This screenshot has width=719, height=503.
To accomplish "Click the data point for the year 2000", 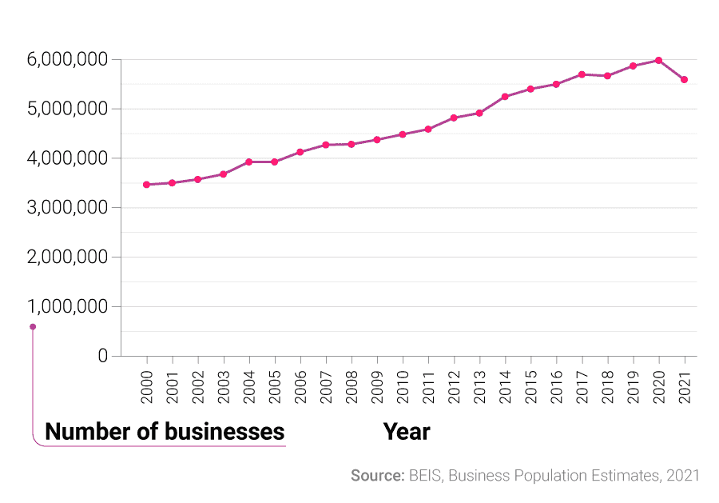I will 146,185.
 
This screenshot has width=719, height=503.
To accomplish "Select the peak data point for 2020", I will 658,61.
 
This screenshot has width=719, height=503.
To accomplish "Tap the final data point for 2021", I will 684,80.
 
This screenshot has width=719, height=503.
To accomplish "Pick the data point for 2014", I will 505,97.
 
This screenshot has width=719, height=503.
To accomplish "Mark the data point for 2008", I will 351,144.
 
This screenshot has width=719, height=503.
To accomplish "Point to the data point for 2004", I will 248,162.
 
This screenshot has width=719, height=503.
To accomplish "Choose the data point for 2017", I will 582,74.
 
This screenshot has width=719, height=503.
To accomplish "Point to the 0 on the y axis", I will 103,356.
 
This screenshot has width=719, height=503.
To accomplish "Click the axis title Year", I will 406,432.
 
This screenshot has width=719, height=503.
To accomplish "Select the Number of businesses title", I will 165,432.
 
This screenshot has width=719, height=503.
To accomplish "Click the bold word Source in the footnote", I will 377,476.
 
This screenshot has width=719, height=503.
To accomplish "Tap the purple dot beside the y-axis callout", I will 33,326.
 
